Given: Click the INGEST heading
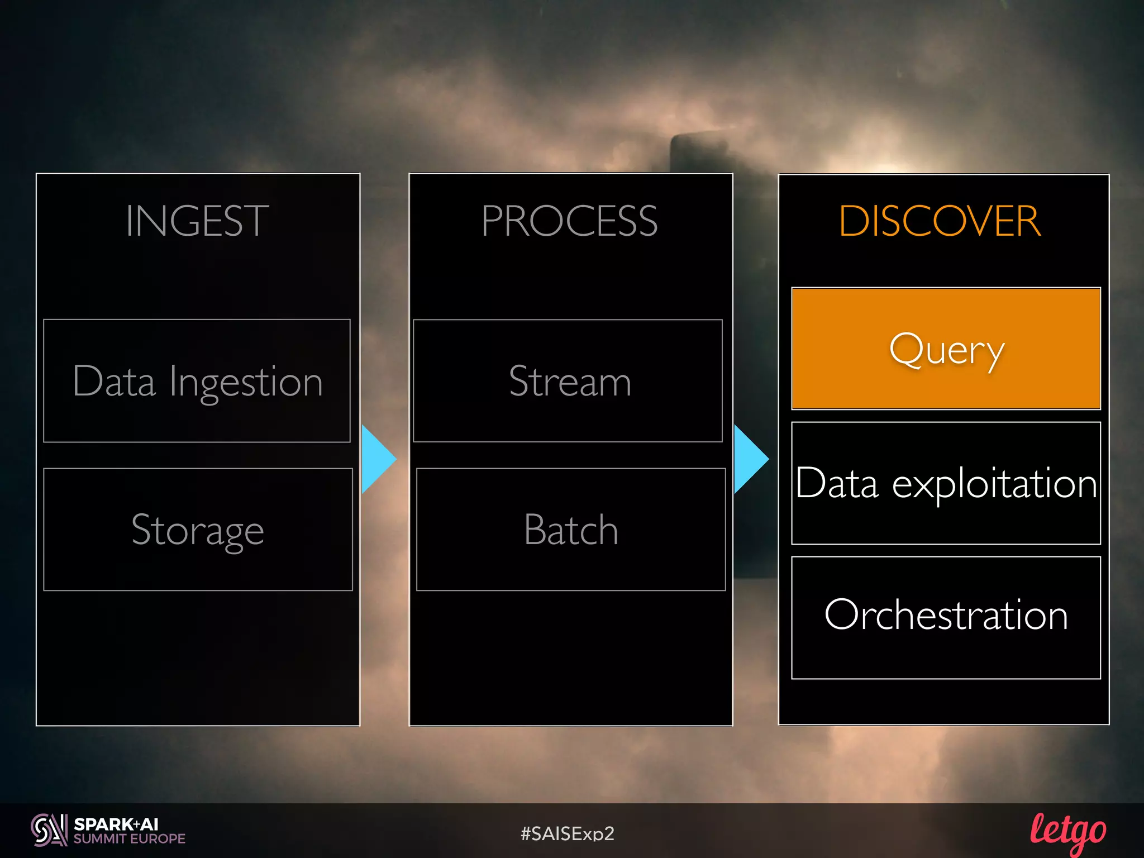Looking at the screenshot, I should pos(197,221).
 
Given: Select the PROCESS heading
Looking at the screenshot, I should pos(569,221).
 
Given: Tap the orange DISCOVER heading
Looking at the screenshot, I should pos(940,221).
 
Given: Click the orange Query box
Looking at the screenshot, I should pos(946,349).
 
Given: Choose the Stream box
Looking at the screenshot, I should pos(568,381).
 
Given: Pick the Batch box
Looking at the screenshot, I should pos(571,530).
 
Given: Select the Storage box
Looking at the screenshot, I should pos(198,530).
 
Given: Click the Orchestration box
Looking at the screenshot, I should pos(946,617).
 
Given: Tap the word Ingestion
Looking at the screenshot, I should pos(246,383).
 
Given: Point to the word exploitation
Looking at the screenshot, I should pos(994,484).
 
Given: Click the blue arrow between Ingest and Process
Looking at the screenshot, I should pos(378,459).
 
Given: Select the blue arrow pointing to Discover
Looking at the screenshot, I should pos(750,459).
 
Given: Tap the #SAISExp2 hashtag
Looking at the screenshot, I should pos(568,833).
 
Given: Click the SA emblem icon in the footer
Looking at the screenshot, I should pos(49,830).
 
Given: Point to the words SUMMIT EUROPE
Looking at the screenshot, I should pos(130,838).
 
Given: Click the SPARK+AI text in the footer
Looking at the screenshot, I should pos(116,824).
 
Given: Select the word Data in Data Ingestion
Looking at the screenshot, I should pos(114,382).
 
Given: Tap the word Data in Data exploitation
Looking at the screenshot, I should pos(837,483).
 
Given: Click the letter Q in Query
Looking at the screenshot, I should pos(906,349).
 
